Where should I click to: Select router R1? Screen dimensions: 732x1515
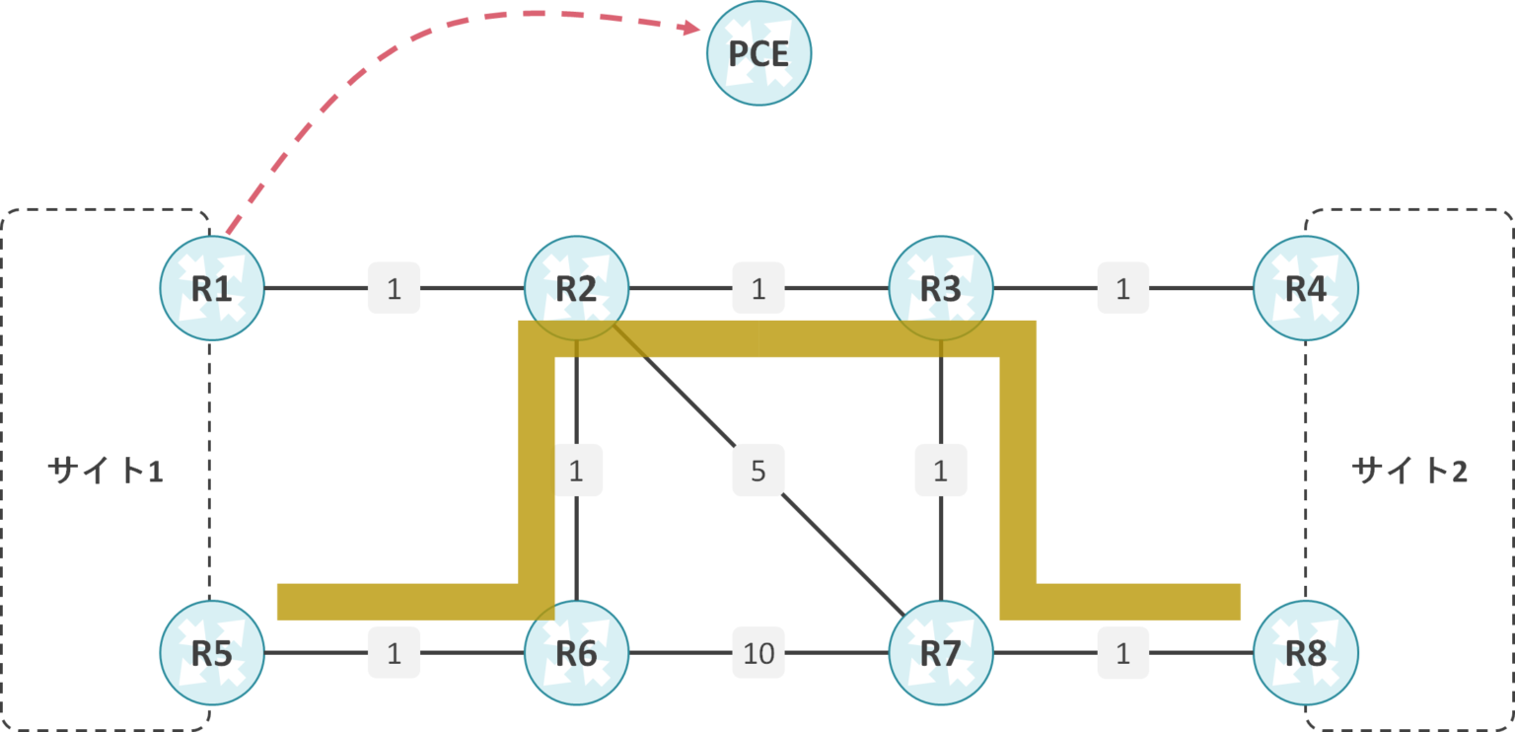coord(212,288)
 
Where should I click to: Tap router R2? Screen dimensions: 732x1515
coord(576,288)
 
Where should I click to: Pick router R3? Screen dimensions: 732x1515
coord(941,288)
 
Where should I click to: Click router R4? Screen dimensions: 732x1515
coord(1305,288)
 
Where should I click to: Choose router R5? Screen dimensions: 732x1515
coord(212,652)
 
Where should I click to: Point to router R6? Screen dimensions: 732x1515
coord(576,652)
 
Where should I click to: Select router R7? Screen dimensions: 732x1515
coord(941,652)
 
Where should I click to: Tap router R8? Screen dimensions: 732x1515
coord(1305,652)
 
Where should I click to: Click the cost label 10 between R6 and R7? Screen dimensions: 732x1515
coord(757,652)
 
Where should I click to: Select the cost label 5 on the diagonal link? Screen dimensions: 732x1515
coord(757,471)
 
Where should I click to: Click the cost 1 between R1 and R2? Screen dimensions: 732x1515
coord(394,288)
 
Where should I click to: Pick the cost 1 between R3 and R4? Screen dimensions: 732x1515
coord(1122,288)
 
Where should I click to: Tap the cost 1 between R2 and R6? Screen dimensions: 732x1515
coord(576,471)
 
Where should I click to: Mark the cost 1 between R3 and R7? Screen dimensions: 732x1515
coord(941,471)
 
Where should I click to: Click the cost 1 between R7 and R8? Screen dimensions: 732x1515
coord(1122,652)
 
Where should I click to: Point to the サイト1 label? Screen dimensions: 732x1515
coord(105,471)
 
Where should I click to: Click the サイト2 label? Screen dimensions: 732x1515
coord(1409,471)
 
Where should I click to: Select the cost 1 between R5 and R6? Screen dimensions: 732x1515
coord(394,652)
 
